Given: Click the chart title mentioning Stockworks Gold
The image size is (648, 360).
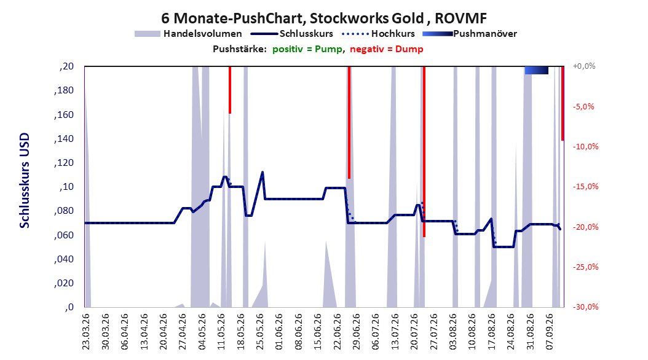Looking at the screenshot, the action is click(x=324, y=18).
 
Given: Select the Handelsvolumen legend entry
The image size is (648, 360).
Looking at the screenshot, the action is click(x=189, y=34).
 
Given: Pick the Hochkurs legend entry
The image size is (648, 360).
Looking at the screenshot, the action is click(x=379, y=34).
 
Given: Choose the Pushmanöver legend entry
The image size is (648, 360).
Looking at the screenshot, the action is click(x=470, y=34).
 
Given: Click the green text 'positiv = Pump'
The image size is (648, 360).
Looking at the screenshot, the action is click(x=307, y=49).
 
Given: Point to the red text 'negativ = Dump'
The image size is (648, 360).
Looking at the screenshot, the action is click(x=387, y=49).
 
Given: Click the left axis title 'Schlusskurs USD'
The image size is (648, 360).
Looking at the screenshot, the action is click(x=25, y=181).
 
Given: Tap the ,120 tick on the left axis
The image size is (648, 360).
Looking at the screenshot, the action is click(x=64, y=163).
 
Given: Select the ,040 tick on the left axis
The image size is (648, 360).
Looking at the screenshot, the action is click(x=64, y=259).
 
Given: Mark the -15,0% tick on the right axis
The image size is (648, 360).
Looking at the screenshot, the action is click(x=585, y=187).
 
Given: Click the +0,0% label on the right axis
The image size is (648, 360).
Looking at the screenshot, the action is click(x=584, y=66).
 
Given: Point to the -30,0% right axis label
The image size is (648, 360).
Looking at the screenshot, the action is click(x=585, y=307).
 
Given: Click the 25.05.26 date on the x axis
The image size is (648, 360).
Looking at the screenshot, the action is click(x=259, y=332).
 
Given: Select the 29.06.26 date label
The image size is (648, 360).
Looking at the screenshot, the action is click(x=356, y=332).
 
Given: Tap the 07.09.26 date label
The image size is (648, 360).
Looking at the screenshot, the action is click(x=550, y=332).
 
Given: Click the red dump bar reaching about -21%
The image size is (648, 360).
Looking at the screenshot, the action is click(x=424, y=152).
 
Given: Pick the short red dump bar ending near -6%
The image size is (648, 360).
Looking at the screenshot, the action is click(x=230, y=90).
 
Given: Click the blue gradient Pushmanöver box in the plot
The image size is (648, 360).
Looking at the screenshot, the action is click(x=537, y=70).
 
